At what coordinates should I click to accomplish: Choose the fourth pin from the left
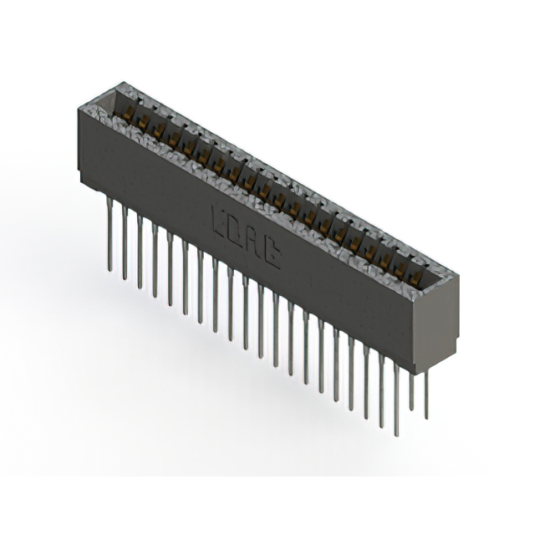coord(155,259)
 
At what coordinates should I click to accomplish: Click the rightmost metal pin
coord(426,393)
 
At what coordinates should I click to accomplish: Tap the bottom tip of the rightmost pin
coord(426,417)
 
